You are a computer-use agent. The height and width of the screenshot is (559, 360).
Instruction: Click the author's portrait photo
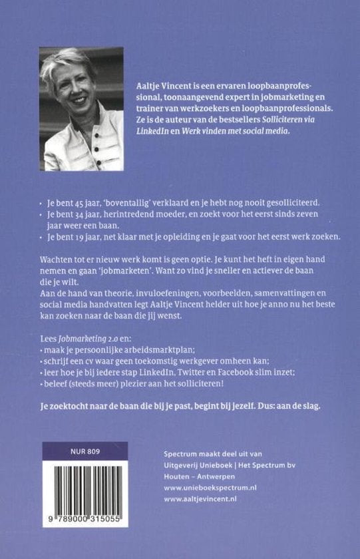pos(82,108)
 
